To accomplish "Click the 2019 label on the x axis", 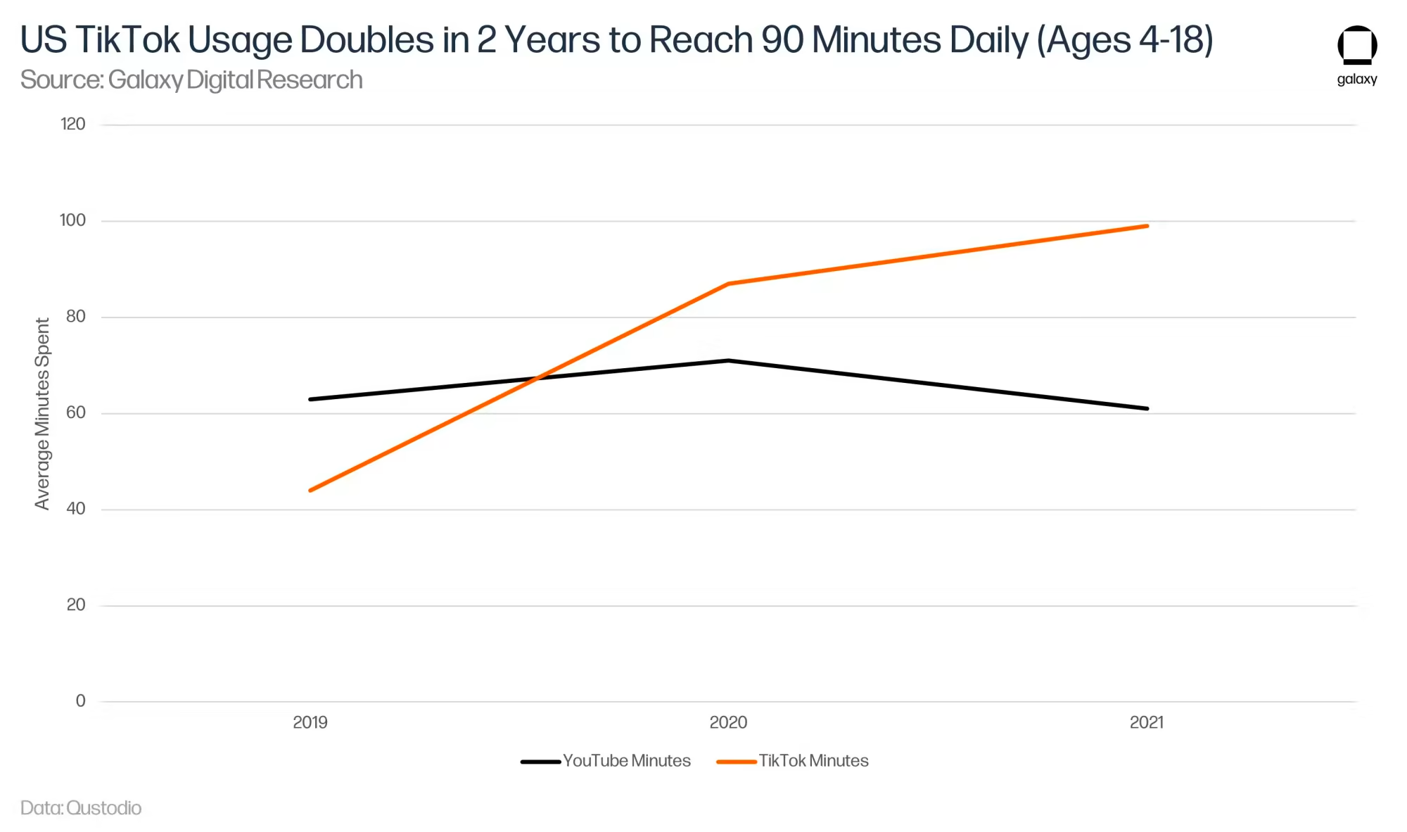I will point(310,722).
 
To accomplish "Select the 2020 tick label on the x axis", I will point(728,722).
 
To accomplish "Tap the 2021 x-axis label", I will point(1147,722).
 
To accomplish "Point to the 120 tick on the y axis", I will point(73,125).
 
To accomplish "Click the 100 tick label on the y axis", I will point(73,220).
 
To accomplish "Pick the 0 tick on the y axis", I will point(81,701).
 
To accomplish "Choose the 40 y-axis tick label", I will point(76,509).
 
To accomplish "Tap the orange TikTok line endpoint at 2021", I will point(1147,226).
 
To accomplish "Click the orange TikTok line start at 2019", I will point(310,491).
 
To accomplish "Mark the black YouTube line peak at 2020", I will point(728,360).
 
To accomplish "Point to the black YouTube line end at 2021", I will point(1147,408).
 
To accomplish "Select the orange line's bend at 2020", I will point(728,284).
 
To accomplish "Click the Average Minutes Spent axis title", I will point(42,413).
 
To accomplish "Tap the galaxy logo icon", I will point(1357,46).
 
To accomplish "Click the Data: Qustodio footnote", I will point(81,808).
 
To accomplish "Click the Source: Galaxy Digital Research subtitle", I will point(191,80).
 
